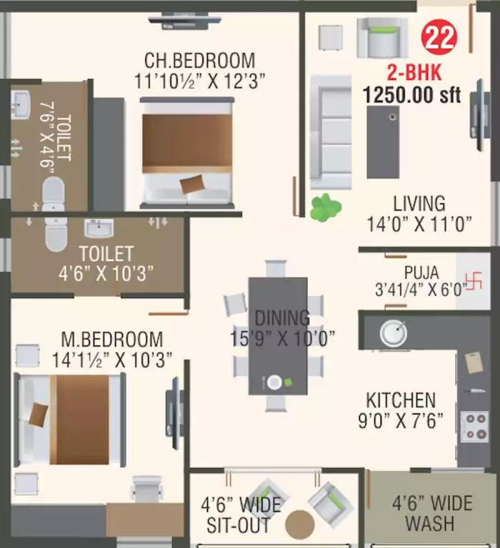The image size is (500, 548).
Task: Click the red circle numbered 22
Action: (439, 38)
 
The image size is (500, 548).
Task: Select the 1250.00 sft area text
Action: (411, 94)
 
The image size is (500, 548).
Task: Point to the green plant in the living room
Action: (326, 207)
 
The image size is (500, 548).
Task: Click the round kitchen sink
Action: (394, 333)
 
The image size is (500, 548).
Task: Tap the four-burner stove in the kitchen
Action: (474, 427)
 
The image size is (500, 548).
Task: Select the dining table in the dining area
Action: (278, 335)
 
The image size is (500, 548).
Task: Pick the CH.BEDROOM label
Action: (199, 60)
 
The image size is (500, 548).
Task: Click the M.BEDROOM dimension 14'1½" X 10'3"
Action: (112, 360)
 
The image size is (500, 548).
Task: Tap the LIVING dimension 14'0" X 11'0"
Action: (419, 225)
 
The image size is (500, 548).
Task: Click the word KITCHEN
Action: (400, 400)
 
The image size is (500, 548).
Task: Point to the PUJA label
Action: (421, 272)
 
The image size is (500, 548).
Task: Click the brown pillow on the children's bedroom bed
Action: (191, 185)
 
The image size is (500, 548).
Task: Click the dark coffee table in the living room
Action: (383, 143)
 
